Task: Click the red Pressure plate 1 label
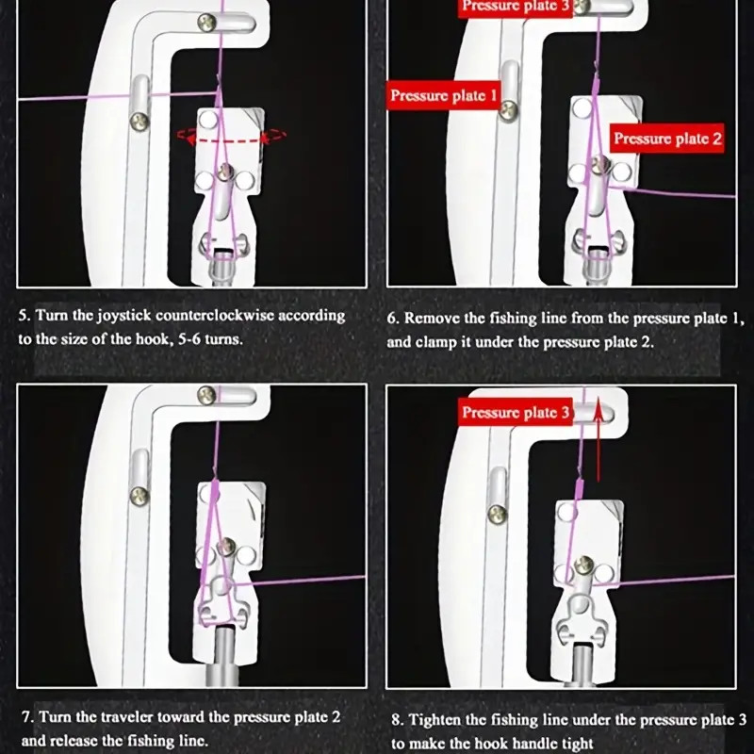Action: pyautogui.click(x=444, y=95)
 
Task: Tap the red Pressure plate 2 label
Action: pyautogui.click(x=668, y=139)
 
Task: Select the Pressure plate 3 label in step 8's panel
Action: pyautogui.click(x=516, y=412)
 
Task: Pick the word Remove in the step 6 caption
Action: pyautogui.click(x=430, y=318)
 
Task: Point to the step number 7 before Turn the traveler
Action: pyautogui.click(x=26, y=717)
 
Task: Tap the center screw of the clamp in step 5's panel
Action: pyautogui.click(x=223, y=171)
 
